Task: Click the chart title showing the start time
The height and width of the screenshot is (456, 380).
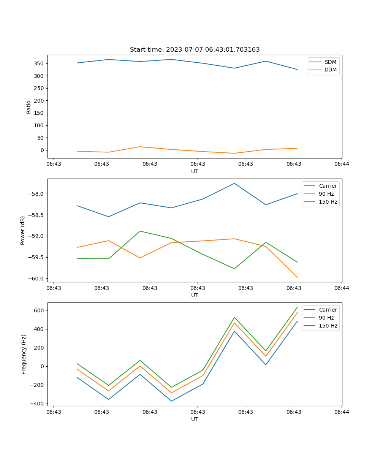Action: (195, 50)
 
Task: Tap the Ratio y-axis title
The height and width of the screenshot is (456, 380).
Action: (29, 107)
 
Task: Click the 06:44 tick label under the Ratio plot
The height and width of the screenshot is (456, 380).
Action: (341, 164)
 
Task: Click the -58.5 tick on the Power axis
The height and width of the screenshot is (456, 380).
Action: (37, 215)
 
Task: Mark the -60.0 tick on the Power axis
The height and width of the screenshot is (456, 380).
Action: (37, 279)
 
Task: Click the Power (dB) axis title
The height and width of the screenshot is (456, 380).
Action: (23, 230)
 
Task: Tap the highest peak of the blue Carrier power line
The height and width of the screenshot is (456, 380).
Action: (234, 184)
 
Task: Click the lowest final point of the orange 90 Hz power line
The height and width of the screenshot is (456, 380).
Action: (297, 277)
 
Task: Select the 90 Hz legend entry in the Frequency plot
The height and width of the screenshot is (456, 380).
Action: (326, 318)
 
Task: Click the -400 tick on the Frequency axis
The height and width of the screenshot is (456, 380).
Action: (37, 404)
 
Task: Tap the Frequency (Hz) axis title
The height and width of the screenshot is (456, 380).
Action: (24, 354)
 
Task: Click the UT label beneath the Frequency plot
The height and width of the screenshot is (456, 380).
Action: (195, 419)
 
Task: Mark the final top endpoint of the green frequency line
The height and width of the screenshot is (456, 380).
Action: (297, 307)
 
